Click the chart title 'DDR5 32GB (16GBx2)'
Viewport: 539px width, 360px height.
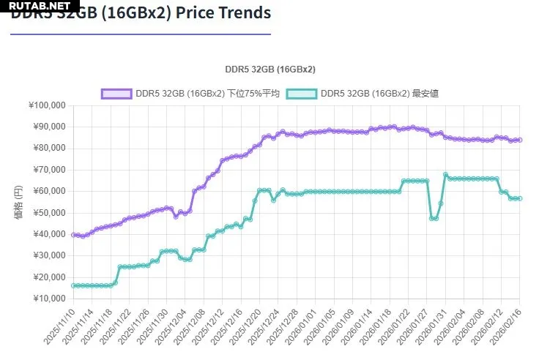(270, 69)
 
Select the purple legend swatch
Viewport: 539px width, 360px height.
(115, 94)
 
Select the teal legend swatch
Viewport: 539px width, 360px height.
(301, 94)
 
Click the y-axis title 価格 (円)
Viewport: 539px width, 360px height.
(18, 202)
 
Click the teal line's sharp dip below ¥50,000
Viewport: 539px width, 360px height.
(434, 218)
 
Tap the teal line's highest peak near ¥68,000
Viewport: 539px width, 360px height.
(445, 175)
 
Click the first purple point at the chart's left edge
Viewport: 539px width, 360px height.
(73, 235)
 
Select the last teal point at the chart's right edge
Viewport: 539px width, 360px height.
(519, 198)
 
